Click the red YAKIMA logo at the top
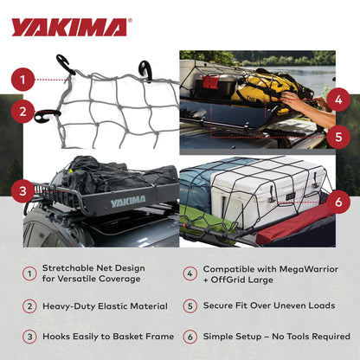click(68, 27)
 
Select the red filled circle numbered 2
click(25, 111)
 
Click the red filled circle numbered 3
click(24, 189)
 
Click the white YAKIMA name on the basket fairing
click(128, 202)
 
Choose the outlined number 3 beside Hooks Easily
click(29, 336)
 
